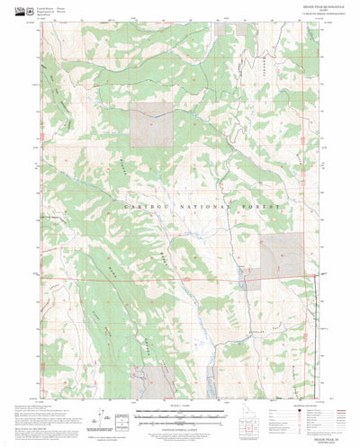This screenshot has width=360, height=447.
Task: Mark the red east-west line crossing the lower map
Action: [135, 276]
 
